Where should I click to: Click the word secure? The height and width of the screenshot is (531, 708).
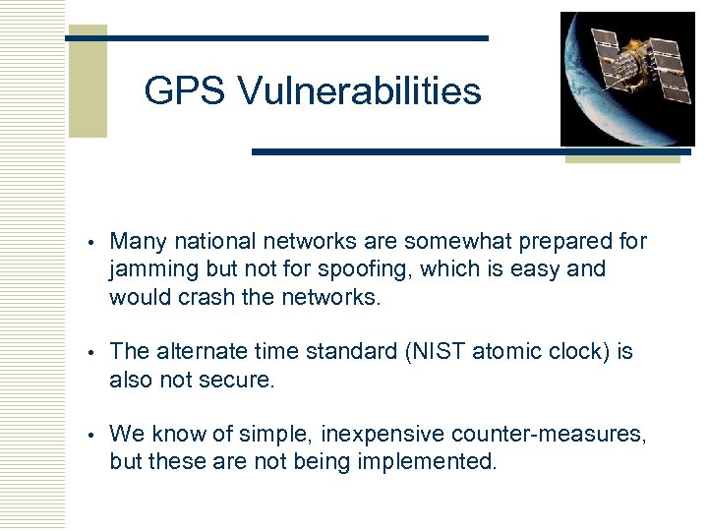pyautogui.click(x=241, y=380)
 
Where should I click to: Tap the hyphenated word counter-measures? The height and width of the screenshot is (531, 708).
pyautogui.click(x=557, y=434)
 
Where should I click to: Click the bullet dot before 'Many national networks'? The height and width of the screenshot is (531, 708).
pyautogui.click(x=89, y=242)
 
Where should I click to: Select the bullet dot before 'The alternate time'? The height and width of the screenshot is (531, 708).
pyautogui.click(x=89, y=352)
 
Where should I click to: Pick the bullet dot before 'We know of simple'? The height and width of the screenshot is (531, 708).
pyautogui.click(x=89, y=434)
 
